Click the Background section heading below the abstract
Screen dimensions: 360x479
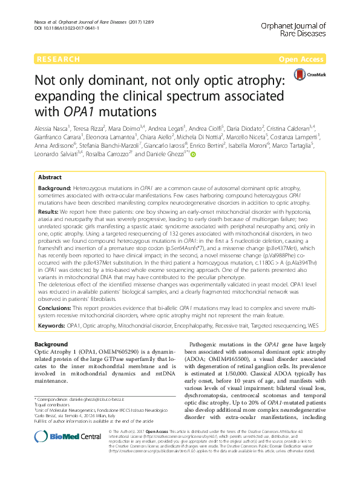(51, 345)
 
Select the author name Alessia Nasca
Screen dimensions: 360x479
(51, 128)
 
